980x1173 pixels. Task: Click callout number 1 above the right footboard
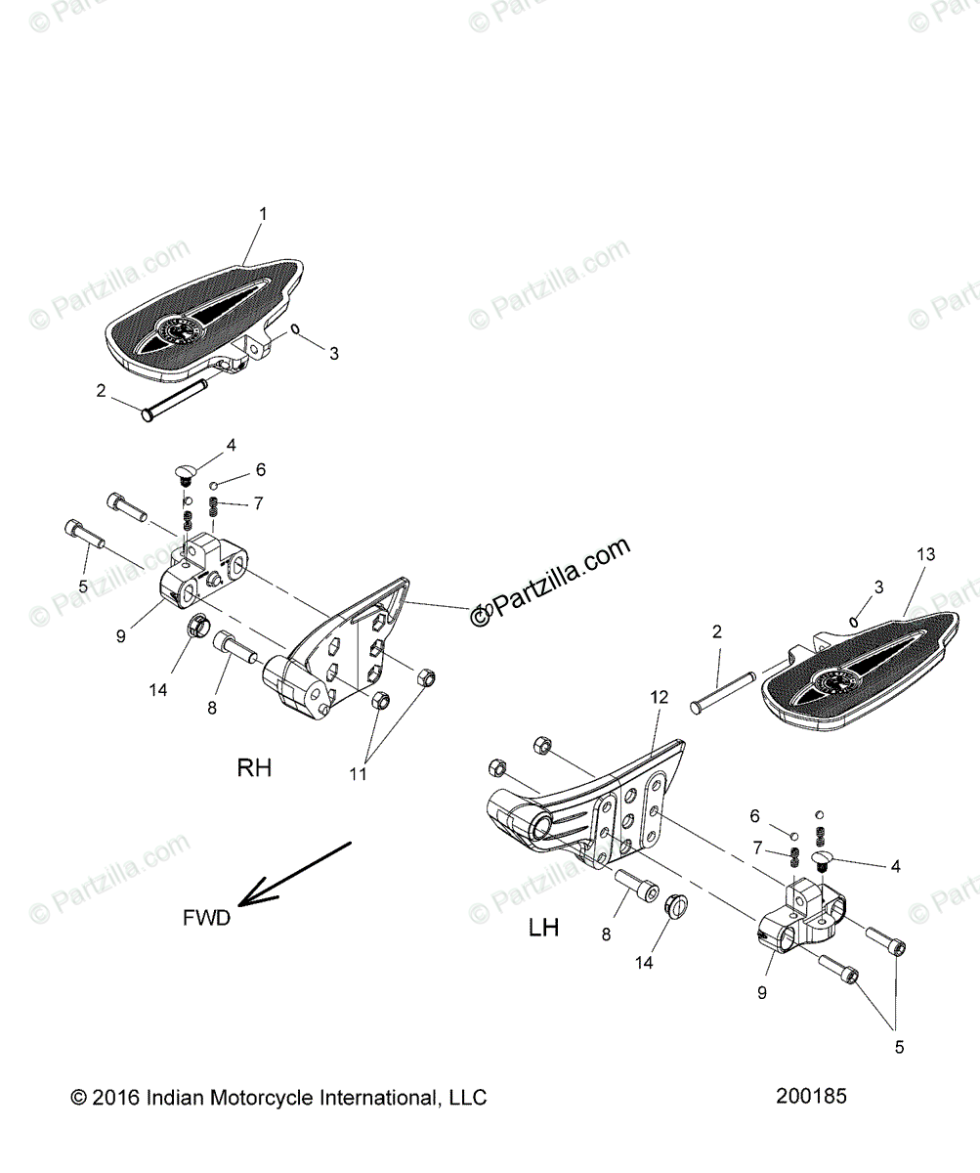click(x=262, y=212)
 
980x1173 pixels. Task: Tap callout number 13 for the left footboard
click(x=925, y=554)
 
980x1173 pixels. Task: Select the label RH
click(x=254, y=741)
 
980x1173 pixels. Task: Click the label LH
click(x=543, y=927)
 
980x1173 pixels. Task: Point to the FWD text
click(x=206, y=918)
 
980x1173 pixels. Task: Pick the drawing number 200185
click(x=811, y=1096)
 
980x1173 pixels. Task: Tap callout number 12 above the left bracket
click(x=660, y=697)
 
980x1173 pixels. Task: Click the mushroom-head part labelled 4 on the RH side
click(x=184, y=473)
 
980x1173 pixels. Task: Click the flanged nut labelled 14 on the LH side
click(x=675, y=905)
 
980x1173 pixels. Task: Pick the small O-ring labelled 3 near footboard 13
click(x=855, y=621)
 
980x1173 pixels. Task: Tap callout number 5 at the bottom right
click(x=899, y=1047)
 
